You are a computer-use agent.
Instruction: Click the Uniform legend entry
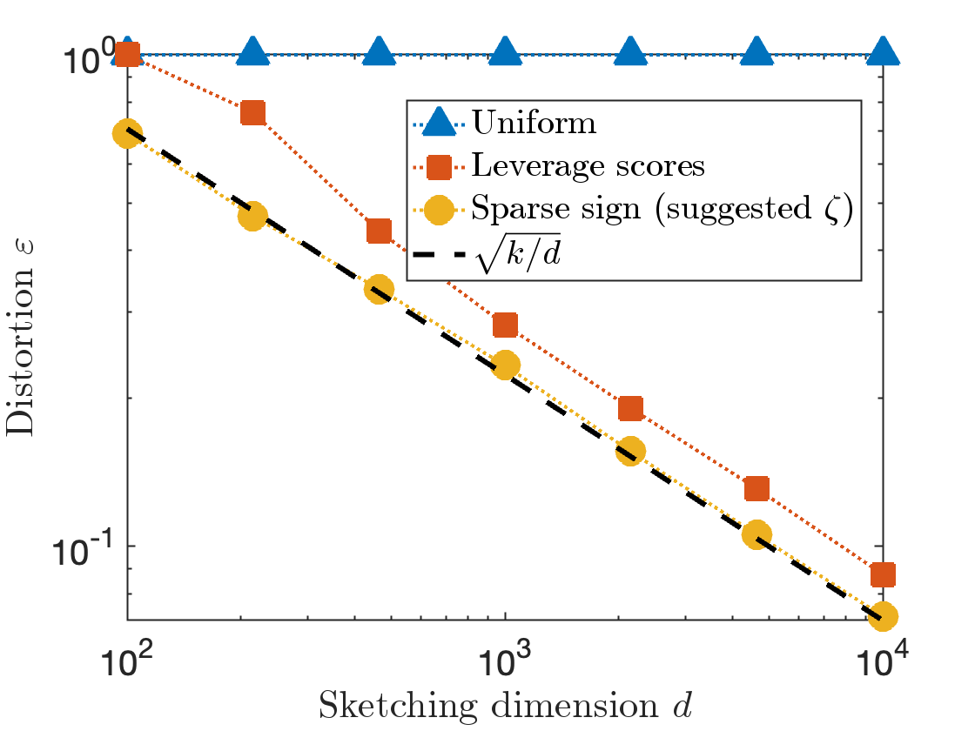pos(535,123)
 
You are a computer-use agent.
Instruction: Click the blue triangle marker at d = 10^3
pos(505,52)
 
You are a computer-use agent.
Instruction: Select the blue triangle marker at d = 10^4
pos(883,52)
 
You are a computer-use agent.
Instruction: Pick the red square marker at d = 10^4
pos(883,574)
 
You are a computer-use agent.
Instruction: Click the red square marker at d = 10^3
pos(505,325)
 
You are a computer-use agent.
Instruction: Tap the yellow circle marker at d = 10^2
pos(128,133)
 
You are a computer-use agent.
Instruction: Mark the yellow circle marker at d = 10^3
pos(505,365)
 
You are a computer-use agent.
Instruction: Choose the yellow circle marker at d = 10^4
pos(883,615)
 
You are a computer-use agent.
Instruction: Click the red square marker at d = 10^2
pos(128,54)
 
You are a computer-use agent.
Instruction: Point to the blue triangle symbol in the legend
pos(441,123)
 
